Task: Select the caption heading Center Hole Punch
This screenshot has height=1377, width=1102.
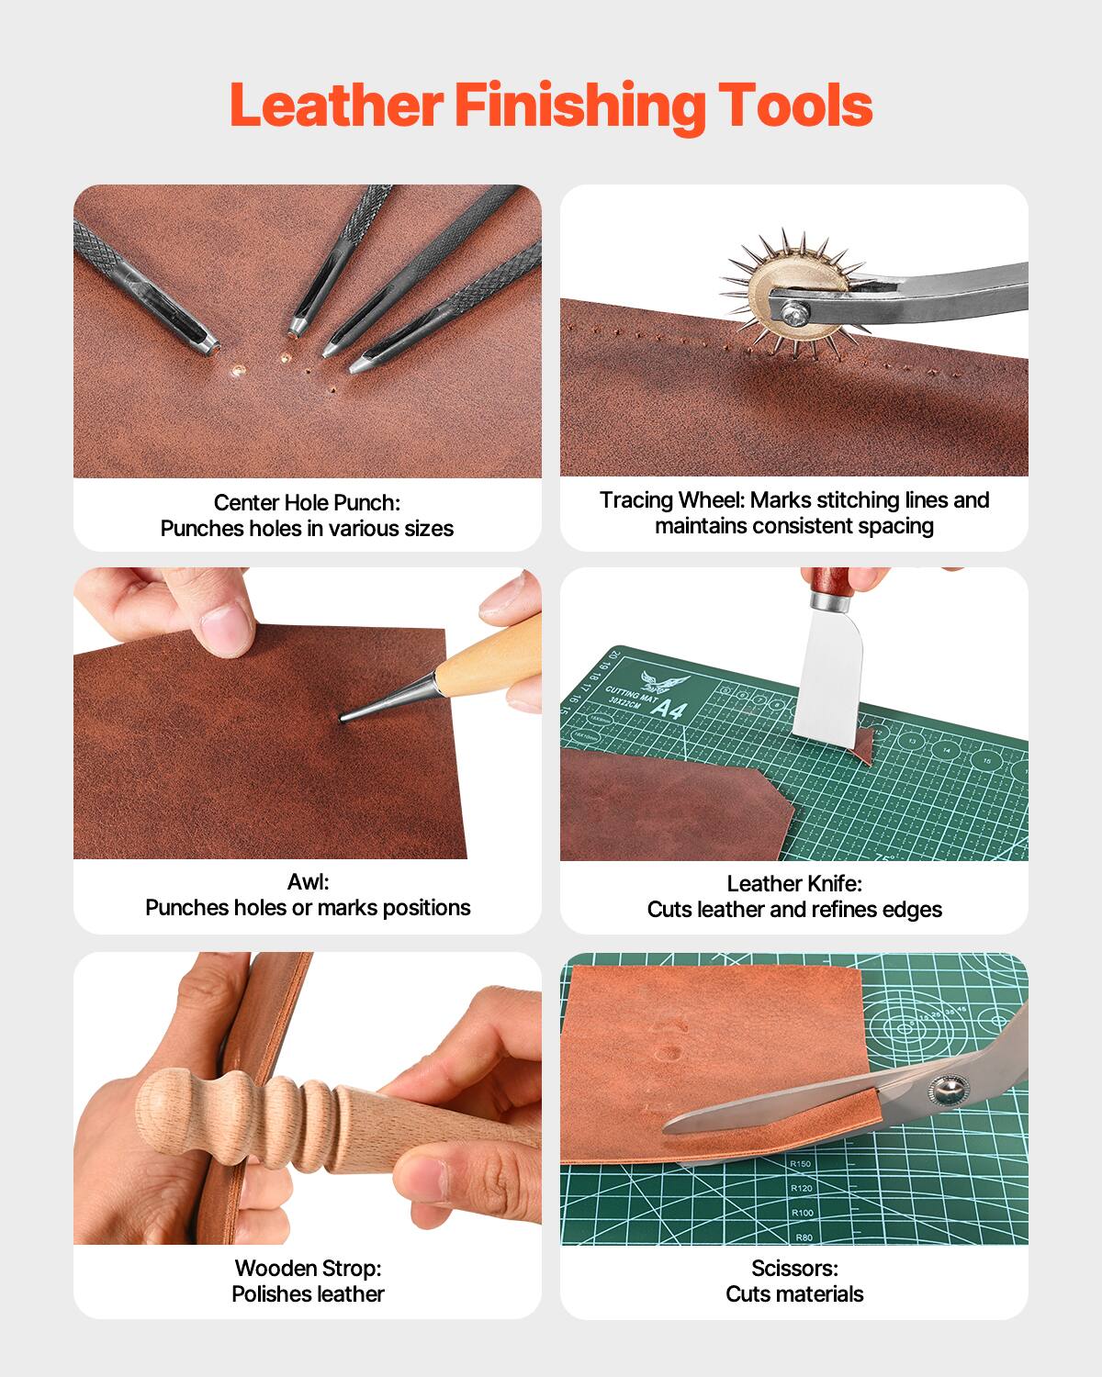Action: (307, 502)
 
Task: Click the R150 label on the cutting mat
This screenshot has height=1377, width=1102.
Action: (801, 1164)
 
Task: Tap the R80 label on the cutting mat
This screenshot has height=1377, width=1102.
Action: (804, 1237)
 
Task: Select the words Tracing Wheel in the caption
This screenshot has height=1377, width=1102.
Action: (671, 500)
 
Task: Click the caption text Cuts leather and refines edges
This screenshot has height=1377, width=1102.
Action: (794, 910)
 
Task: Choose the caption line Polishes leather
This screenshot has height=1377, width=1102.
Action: (308, 1293)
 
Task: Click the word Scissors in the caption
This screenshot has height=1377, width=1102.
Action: (793, 1268)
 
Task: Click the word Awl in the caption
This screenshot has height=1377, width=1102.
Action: (308, 882)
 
